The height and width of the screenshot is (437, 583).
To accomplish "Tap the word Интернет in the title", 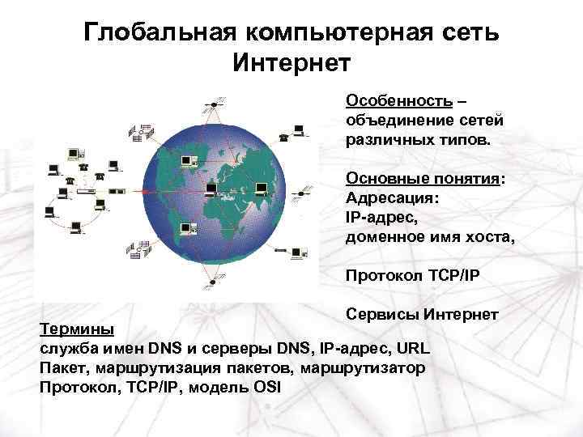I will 291,62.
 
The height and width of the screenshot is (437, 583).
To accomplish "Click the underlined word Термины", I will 78,330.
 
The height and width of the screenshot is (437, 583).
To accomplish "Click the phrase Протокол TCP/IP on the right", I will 413,276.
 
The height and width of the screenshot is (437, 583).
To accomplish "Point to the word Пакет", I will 63,367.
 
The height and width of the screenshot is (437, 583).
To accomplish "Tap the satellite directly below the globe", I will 212,281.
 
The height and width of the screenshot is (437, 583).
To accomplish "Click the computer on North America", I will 187,162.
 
